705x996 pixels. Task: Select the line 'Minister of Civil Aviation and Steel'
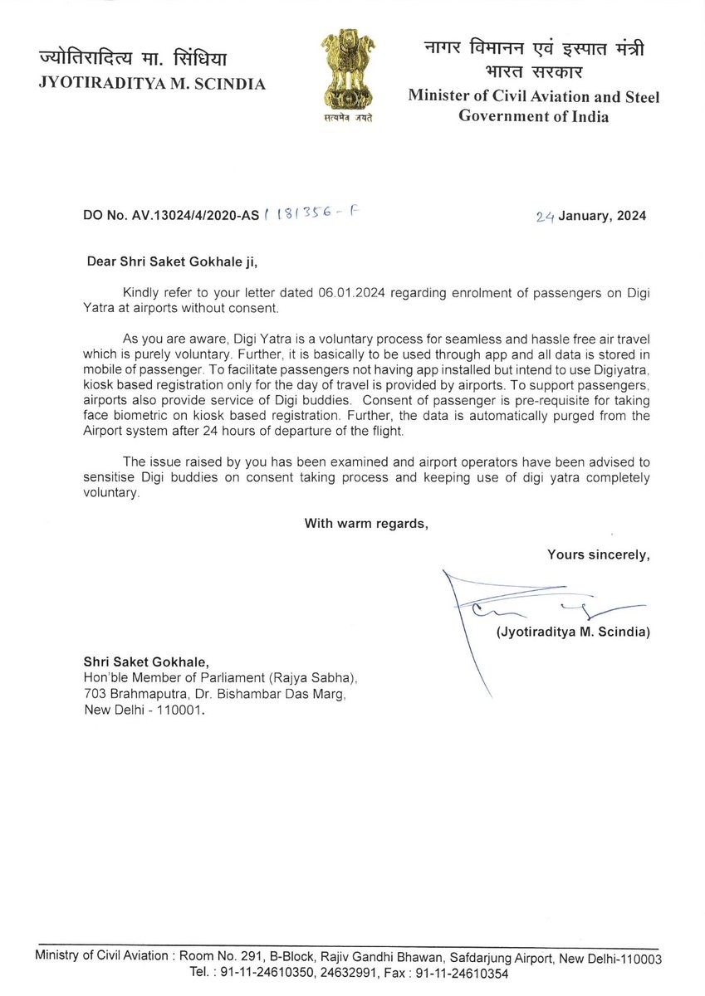533,96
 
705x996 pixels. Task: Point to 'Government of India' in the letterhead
533,116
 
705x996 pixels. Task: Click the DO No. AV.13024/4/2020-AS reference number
171,216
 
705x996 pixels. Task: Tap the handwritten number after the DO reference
311,215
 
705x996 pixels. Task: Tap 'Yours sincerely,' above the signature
598,554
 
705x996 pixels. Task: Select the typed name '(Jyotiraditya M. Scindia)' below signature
573,632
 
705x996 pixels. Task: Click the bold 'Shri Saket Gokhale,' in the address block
146,662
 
